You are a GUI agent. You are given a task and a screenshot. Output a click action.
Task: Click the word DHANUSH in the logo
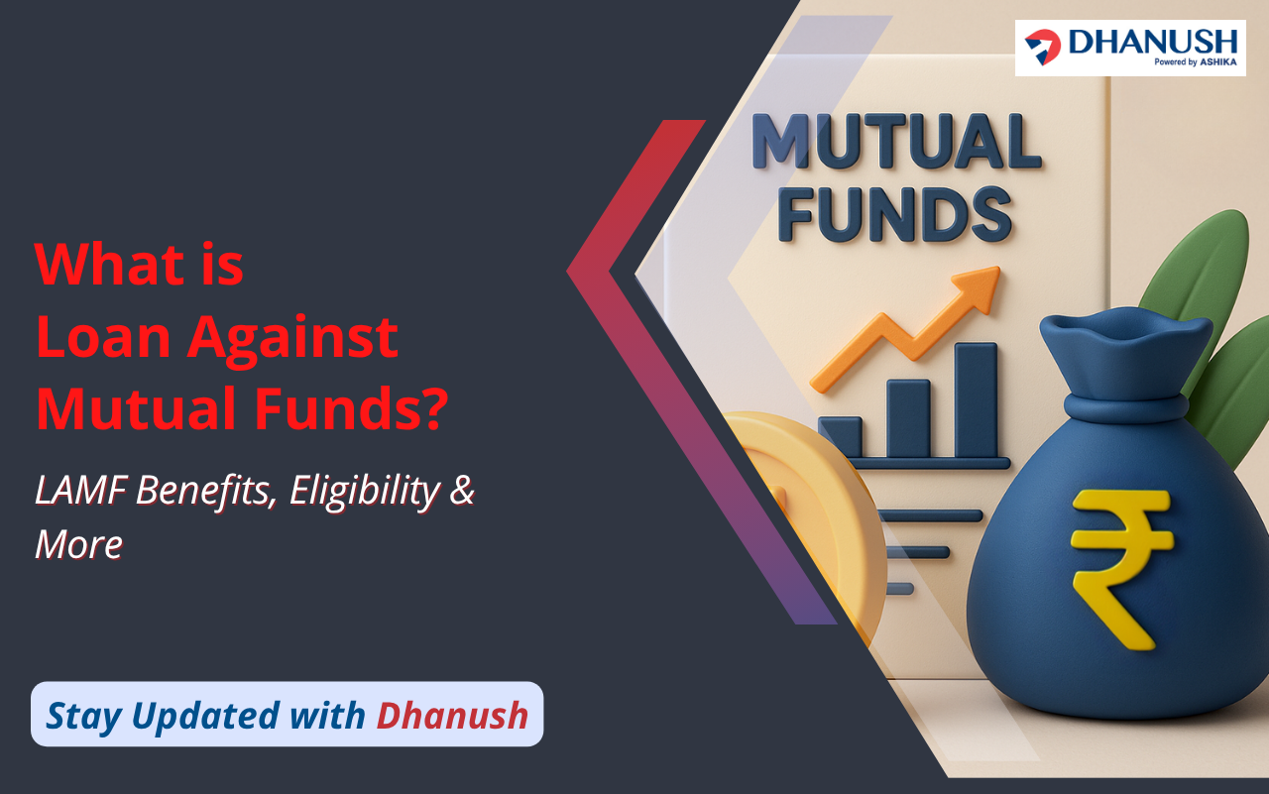[1153, 41]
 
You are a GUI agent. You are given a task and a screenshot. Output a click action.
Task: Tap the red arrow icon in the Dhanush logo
[1042, 47]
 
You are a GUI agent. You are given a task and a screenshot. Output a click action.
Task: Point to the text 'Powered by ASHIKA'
[1196, 61]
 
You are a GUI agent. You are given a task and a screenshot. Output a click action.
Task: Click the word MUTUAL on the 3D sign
[896, 141]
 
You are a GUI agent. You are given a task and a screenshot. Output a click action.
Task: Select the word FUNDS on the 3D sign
[895, 214]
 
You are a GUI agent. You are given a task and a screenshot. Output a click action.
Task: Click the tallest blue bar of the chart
[976, 399]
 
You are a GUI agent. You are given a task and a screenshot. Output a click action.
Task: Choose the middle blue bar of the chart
[907, 419]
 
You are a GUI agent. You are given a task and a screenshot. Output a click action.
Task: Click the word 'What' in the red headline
[109, 264]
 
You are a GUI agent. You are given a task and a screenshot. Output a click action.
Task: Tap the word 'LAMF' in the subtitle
[80, 490]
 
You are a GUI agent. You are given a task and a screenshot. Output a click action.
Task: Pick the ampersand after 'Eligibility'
[462, 490]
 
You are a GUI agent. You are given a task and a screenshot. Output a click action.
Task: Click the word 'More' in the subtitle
[78, 545]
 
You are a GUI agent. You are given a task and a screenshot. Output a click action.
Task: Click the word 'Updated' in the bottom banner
[205, 717]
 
